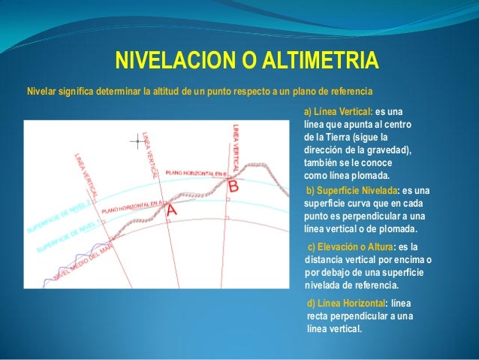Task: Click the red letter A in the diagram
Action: click(171, 211)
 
